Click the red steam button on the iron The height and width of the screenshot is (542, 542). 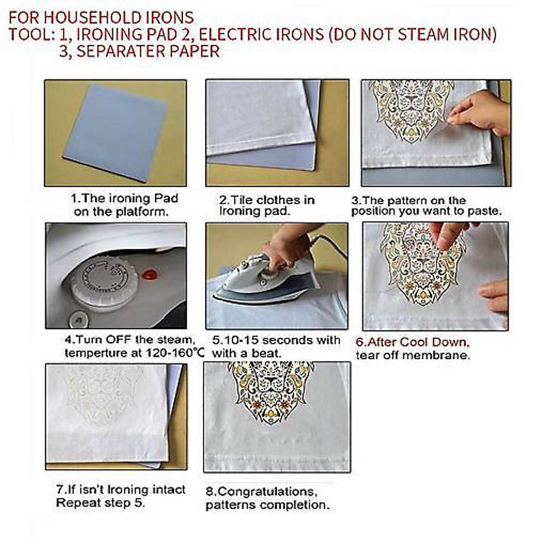[x=151, y=274]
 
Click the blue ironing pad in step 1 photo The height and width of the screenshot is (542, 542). [x=115, y=132]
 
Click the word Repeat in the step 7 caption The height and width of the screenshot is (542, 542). [x=78, y=503]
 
